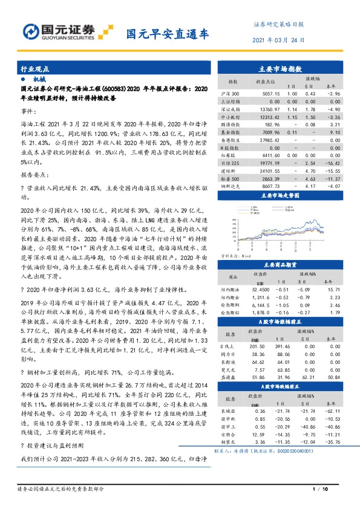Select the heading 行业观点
coord(36,70)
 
